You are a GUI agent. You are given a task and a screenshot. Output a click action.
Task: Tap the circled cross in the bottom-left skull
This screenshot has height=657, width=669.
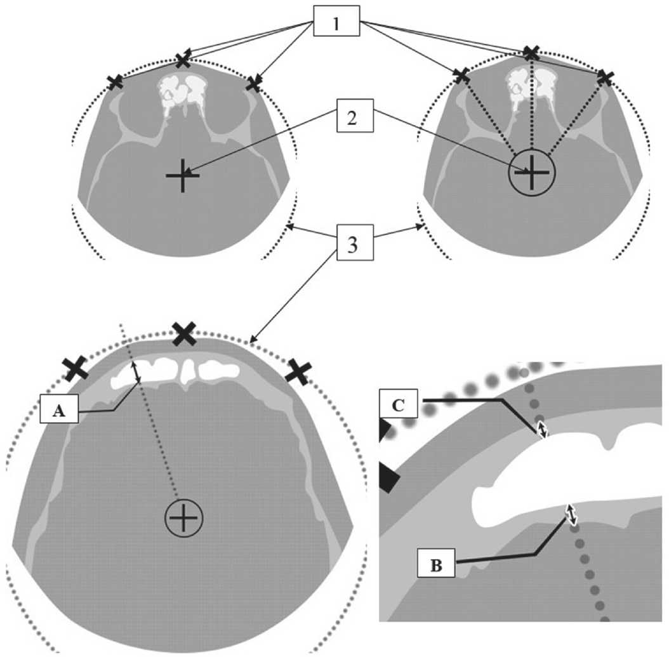tap(183, 519)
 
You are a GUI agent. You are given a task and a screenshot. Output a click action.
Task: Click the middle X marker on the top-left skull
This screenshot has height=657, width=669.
tap(183, 60)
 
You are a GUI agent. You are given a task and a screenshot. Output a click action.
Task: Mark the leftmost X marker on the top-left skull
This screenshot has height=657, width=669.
tap(115, 82)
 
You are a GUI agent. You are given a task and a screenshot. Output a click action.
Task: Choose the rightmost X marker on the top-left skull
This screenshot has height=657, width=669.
tap(254, 83)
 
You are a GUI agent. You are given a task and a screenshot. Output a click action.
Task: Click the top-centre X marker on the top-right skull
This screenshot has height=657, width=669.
tap(531, 53)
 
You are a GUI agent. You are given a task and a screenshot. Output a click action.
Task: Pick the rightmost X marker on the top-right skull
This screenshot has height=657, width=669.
tap(606, 78)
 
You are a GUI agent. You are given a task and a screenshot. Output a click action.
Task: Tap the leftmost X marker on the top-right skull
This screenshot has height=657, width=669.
tap(461, 76)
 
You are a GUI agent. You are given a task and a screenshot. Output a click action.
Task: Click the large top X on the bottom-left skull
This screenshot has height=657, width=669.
tap(184, 333)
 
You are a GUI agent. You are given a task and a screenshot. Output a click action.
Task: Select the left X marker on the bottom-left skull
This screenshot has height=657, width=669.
tap(76, 368)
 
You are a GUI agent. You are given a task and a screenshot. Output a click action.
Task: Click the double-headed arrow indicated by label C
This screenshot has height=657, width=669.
tap(541, 430)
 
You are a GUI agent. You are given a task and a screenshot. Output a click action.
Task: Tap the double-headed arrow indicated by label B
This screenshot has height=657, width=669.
tap(571, 514)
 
